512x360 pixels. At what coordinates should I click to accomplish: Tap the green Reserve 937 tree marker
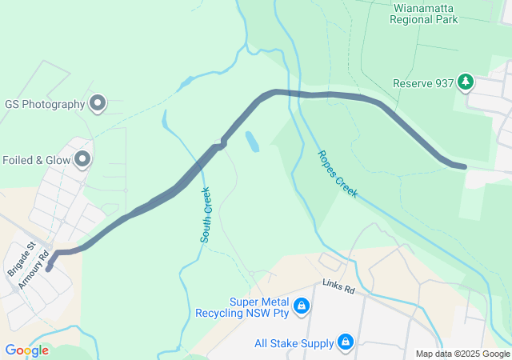pyautogui.click(x=466, y=82)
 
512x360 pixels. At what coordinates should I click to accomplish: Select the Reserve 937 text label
pyautogui.click(x=423, y=82)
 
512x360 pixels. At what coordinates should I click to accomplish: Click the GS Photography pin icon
pyautogui.click(x=98, y=103)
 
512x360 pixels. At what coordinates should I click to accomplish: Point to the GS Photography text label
pyautogui.click(x=45, y=104)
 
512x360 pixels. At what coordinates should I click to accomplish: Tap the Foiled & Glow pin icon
pyautogui.click(x=82, y=160)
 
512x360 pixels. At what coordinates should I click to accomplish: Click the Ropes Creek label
pyautogui.click(x=337, y=174)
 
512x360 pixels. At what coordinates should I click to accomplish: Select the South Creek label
pyautogui.click(x=206, y=214)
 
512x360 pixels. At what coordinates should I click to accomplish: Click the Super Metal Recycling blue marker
pyautogui.click(x=302, y=306)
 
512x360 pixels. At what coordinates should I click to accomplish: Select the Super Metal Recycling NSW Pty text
pyautogui.click(x=247, y=306)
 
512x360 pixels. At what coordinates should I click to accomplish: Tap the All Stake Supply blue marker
pyautogui.click(x=346, y=342)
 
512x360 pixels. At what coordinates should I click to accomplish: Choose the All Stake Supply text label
pyautogui.click(x=294, y=343)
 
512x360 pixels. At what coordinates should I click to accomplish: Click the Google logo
pyautogui.click(x=26, y=350)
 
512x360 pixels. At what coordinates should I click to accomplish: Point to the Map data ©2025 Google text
pyautogui.click(x=462, y=354)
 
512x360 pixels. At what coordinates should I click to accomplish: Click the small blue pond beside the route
pyautogui.click(x=252, y=142)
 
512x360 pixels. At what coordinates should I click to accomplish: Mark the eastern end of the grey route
pyautogui.click(x=462, y=166)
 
